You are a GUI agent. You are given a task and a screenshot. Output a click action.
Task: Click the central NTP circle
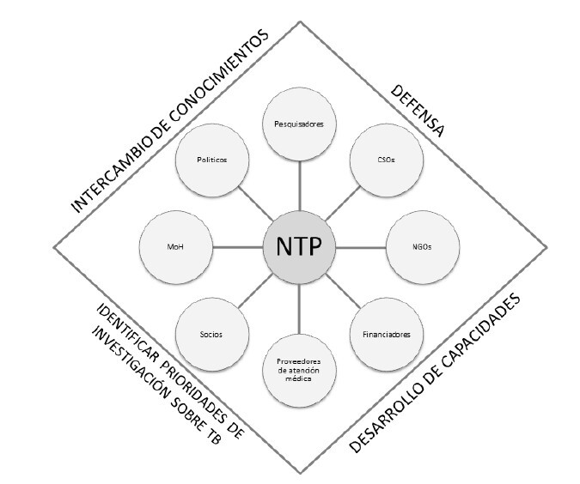pyautogui.click(x=299, y=246)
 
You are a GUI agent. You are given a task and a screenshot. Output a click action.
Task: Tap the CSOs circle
pyautogui.click(x=385, y=160)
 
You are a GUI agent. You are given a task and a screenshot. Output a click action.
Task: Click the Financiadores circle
pyautogui.click(x=385, y=333)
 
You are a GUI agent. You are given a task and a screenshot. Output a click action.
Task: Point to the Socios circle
pyautogui.click(x=211, y=333)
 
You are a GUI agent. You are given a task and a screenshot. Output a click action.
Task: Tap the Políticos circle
pyautogui.click(x=211, y=160)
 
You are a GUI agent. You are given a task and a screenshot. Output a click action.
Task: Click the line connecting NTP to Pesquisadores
pyautogui.click(x=299, y=185)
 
